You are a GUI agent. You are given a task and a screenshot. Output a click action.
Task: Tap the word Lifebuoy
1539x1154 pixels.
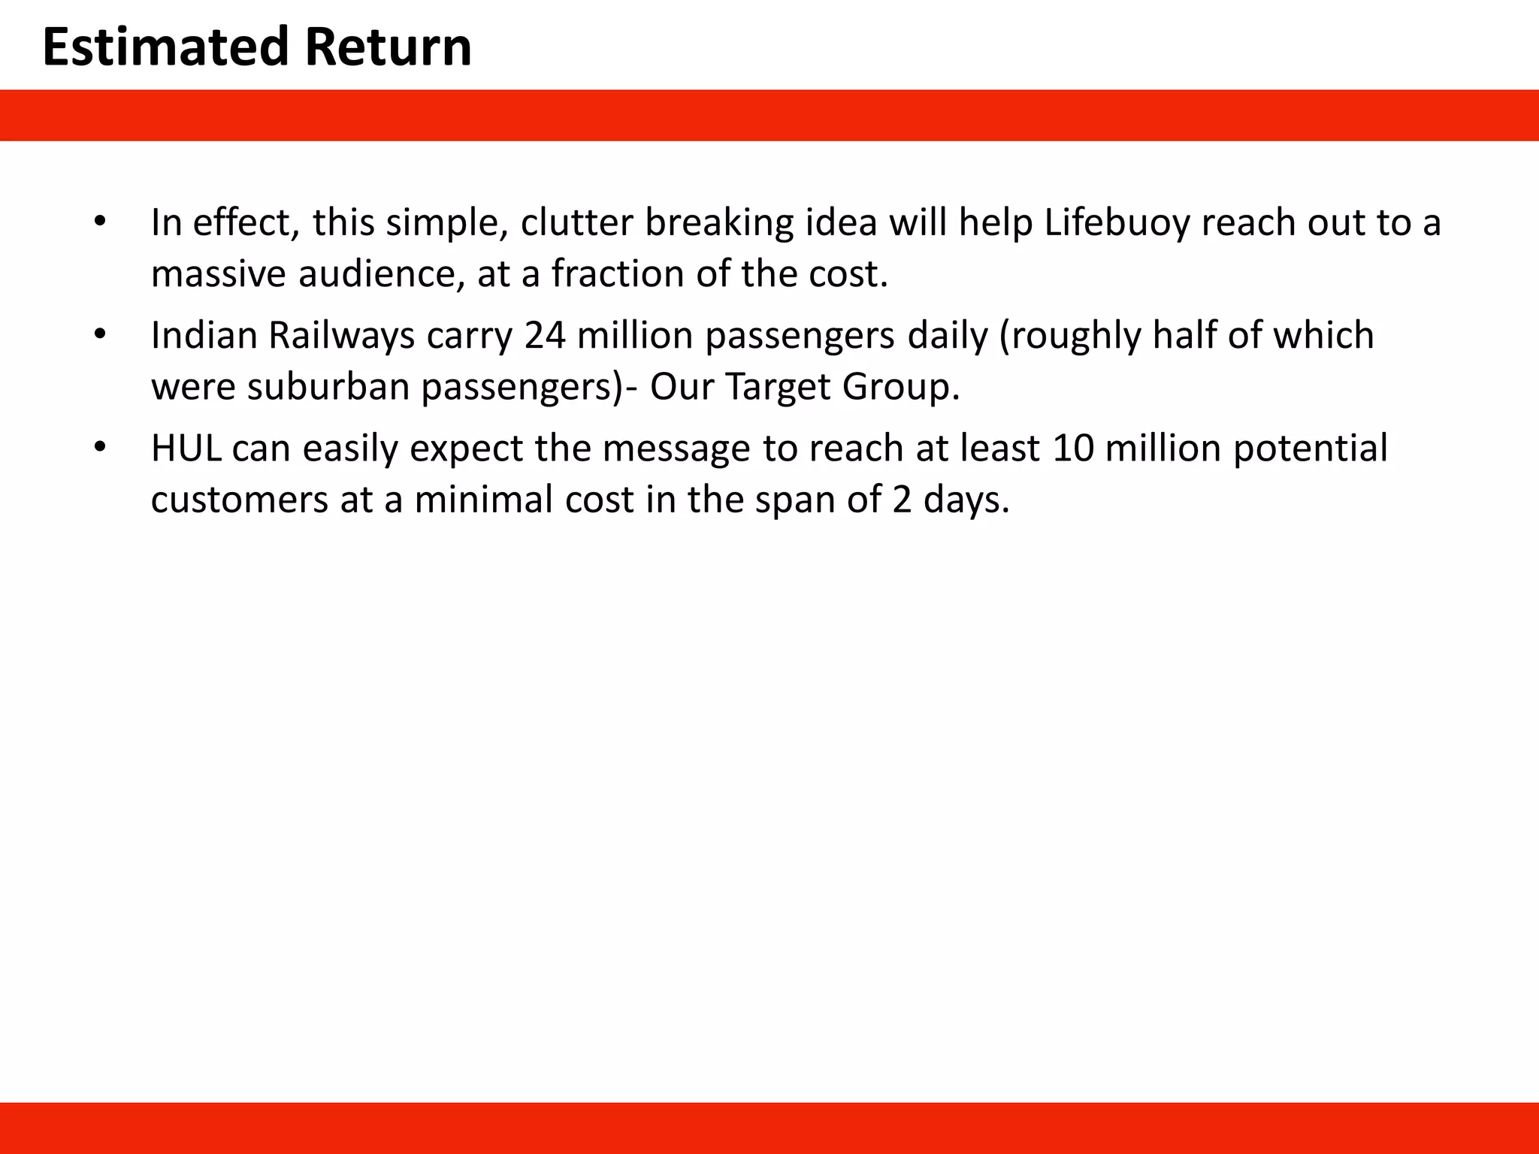[1117, 222]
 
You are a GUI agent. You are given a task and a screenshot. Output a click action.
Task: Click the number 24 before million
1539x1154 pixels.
[545, 335]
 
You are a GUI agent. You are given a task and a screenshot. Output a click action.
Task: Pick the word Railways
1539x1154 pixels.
[341, 335]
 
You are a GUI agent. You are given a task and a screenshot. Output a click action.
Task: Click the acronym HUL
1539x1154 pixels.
[186, 449]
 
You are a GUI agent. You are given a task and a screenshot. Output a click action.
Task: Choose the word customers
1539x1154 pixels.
[239, 500]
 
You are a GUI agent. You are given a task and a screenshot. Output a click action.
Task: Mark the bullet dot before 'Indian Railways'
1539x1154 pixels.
[100, 334]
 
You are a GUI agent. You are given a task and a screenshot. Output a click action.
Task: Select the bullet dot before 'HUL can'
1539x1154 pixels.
[100, 448]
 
